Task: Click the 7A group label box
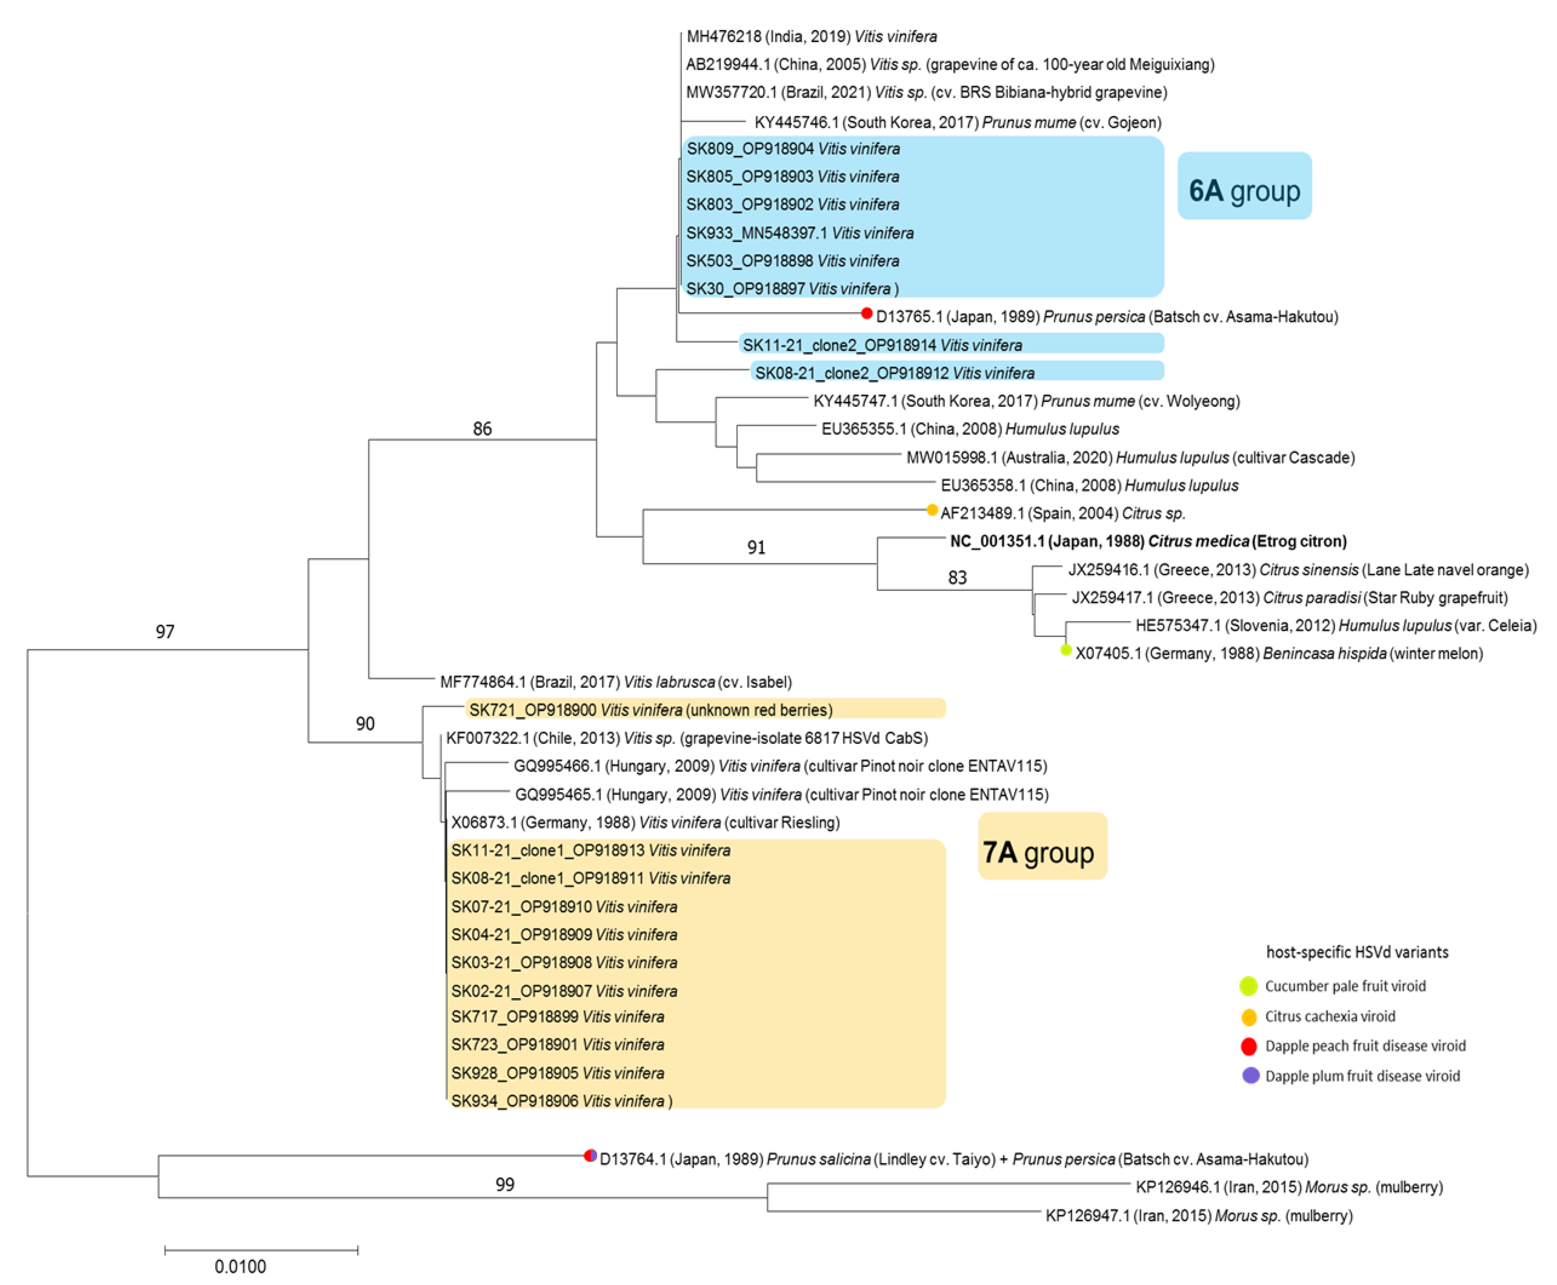(x=1042, y=846)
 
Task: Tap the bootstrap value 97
(x=165, y=631)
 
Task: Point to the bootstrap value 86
(x=482, y=428)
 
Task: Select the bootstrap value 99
(x=504, y=1184)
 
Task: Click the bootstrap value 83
(x=957, y=577)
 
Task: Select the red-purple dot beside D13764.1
(x=590, y=1155)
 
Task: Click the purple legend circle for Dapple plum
(x=1250, y=1075)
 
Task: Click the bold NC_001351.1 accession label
(x=1148, y=541)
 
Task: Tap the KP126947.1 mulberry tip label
(x=1198, y=1215)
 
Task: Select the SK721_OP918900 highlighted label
(x=650, y=710)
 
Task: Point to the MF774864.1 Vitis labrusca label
(x=615, y=682)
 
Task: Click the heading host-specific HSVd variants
(x=1357, y=952)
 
